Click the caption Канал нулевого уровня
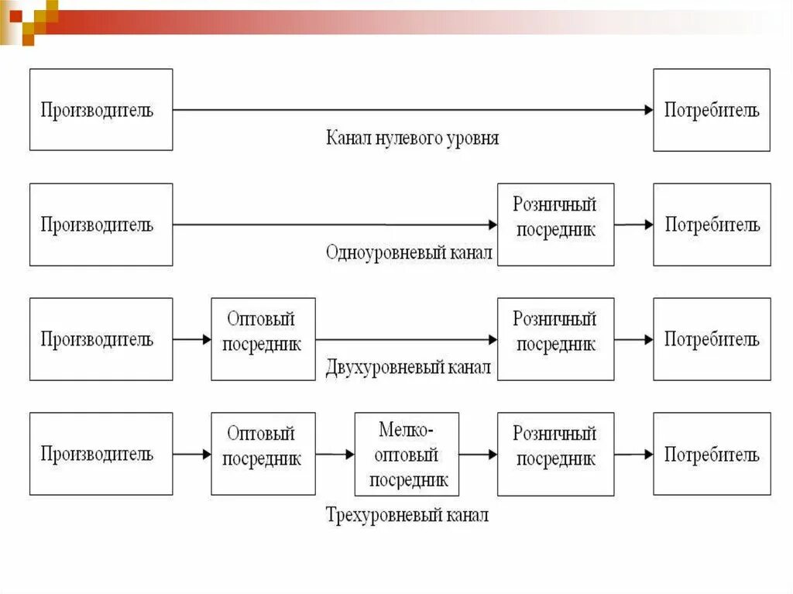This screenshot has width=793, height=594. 412,139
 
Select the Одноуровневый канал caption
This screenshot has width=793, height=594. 409,252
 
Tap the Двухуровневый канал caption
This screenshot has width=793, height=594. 409,367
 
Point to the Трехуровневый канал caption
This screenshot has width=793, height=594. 407,515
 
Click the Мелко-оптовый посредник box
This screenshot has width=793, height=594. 407,454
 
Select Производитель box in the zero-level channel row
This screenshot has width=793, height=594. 101,109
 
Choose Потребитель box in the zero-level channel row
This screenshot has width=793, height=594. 712,109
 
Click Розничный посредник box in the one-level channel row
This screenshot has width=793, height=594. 555,224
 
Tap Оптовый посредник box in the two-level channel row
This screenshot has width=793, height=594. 263,338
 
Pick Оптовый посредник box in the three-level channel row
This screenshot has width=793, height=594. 263,454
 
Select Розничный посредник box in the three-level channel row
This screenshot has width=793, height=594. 555,454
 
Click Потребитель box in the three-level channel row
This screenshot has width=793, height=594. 712,454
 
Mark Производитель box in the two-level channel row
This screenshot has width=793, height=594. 101,338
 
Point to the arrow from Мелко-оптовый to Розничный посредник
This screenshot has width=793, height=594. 478,455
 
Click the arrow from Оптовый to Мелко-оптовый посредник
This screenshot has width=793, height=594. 335,455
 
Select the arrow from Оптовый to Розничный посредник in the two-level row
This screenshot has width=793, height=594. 406,339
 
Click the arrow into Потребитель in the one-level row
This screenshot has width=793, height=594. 633,225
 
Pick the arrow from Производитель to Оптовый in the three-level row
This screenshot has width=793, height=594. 191,455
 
